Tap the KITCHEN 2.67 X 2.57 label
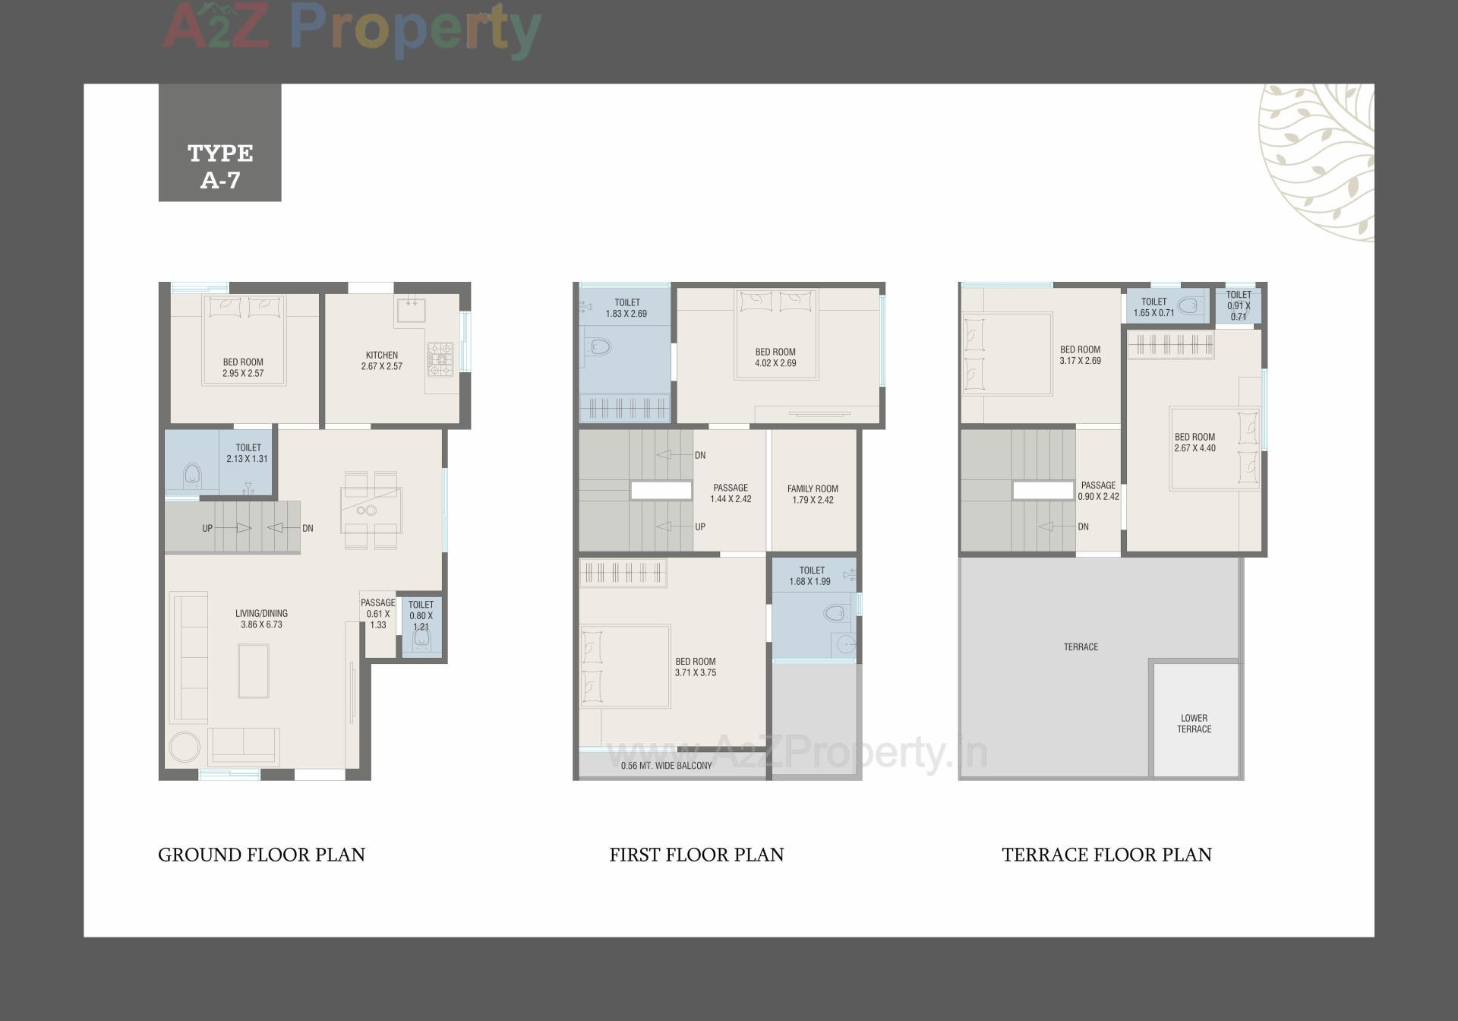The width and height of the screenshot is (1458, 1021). (x=382, y=361)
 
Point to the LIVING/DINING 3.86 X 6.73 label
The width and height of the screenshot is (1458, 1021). (x=261, y=619)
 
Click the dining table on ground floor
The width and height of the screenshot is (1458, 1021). (x=371, y=510)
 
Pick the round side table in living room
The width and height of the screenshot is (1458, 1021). (x=185, y=747)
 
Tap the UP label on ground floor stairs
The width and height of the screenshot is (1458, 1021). (x=207, y=528)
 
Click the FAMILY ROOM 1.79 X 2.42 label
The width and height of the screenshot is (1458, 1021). (x=813, y=495)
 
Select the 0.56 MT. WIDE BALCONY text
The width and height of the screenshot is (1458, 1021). (x=666, y=766)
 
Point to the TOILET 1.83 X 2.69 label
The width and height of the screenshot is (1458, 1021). (x=626, y=308)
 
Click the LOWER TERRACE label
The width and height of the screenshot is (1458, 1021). (x=1194, y=723)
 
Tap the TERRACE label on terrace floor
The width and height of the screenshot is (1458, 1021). (x=1081, y=647)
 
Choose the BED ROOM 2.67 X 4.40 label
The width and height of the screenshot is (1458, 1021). (x=1194, y=443)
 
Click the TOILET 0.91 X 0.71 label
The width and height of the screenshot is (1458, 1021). (x=1239, y=305)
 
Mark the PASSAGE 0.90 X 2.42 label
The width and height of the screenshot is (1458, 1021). (x=1098, y=491)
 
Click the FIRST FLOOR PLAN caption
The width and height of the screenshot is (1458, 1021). (x=696, y=855)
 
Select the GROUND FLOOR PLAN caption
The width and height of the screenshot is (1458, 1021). (x=261, y=855)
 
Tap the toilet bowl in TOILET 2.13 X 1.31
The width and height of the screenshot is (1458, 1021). (x=192, y=476)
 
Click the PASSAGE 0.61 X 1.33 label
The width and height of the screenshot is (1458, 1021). (x=377, y=614)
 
